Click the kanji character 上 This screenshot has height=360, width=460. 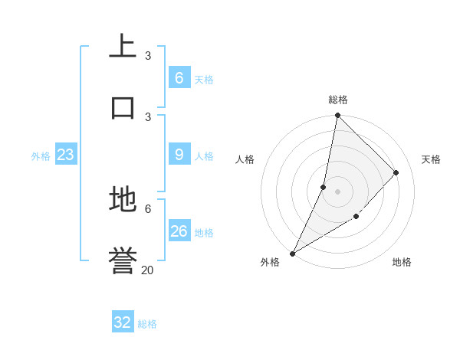(123, 47)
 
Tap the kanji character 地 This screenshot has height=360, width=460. (123, 200)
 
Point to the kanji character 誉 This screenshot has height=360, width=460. (123, 261)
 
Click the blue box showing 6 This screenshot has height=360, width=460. (179, 78)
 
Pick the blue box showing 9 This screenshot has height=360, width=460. (179, 155)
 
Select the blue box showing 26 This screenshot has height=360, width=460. (179, 231)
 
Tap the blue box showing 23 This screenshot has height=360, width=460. (65, 155)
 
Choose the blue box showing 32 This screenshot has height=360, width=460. (123, 322)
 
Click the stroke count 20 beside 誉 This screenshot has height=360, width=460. (147, 270)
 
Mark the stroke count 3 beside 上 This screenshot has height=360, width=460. (147, 55)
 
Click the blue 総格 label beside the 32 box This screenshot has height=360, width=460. (147, 324)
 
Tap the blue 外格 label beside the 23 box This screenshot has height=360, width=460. (41, 156)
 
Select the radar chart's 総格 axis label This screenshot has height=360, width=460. (338, 100)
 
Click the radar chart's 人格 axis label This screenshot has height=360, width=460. (245, 159)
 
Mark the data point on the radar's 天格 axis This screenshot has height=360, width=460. (396, 172)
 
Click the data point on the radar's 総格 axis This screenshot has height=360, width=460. (337, 116)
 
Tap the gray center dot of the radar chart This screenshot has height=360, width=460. (337, 191)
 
